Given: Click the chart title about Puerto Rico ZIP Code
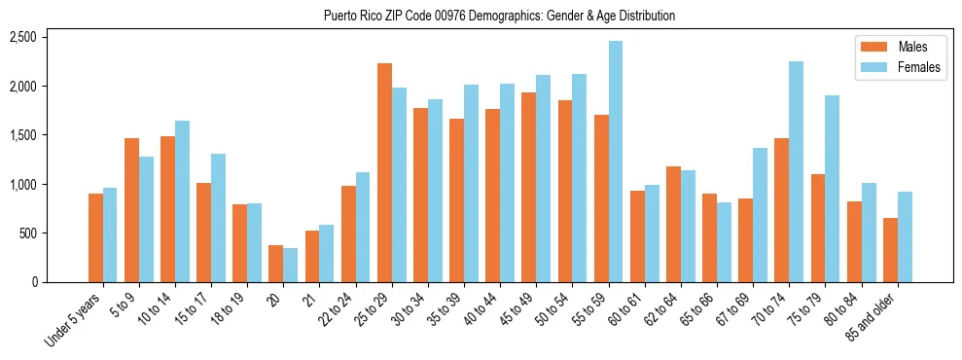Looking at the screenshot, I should (500, 17).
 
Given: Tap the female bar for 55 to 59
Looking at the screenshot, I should (616, 162).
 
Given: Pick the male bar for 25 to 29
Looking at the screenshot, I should (384, 172).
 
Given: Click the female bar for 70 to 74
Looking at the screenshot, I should (796, 171).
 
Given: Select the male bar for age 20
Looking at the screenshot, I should (276, 264).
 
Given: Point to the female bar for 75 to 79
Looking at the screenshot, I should (832, 189).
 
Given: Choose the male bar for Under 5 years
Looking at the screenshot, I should (95, 237).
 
